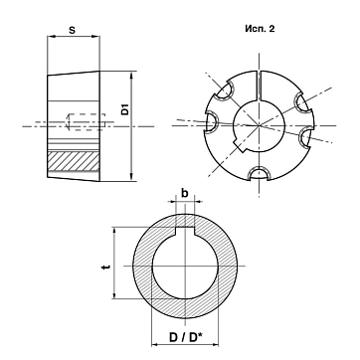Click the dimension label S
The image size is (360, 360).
click(x=72, y=30)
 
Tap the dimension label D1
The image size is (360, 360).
click(x=124, y=109)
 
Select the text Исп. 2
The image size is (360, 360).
click(x=260, y=29)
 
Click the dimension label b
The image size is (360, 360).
click(x=185, y=193)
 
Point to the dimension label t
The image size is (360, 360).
click(x=105, y=267)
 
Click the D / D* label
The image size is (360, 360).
click(x=186, y=338)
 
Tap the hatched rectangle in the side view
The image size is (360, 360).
click(x=74, y=161)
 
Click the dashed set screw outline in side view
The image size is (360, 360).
click(x=87, y=121)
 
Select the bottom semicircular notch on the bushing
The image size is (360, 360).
click(x=259, y=173)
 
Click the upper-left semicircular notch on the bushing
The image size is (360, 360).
click(x=226, y=90)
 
